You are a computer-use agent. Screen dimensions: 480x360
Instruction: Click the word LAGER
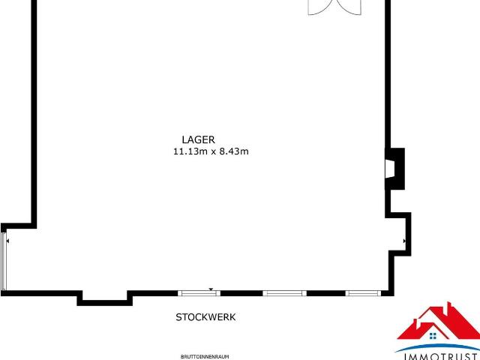pyautogui.click(x=198, y=139)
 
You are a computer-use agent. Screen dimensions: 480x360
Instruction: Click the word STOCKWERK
pyautogui.click(x=205, y=317)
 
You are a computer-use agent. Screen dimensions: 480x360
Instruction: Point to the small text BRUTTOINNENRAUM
pyautogui.click(x=205, y=357)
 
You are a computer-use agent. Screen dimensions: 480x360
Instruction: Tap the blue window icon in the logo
pyautogui.click(x=433, y=336)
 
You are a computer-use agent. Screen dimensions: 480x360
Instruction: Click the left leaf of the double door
pyautogui.click(x=321, y=7)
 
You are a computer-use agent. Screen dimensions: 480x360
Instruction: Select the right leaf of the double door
pyautogui.click(x=348, y=7)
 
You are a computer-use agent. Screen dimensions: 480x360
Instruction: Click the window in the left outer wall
pyautogui.click(x=3, y=261)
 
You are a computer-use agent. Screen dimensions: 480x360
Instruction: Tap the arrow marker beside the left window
pyautogui.click(x=7, y=241)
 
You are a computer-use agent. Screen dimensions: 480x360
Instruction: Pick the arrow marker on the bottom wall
pyautogui.click(x=211, y=289)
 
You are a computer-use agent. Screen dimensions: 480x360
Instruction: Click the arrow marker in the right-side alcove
pyautogui.click(x=404, y=241)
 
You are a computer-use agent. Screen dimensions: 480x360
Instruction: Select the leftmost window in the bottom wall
pyautogui.click(x=199, y=293)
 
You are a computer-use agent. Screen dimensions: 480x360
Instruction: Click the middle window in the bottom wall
pyautogui.click(x=284, y=293)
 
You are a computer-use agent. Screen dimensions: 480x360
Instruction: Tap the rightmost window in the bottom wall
pyautogui.click(x=363, y=293)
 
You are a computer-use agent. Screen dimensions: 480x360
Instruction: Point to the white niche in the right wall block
pyautogui.click(x=390, y=169)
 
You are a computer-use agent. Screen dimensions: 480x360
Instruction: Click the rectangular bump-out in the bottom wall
pyautogui.click(x=105, y=298)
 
